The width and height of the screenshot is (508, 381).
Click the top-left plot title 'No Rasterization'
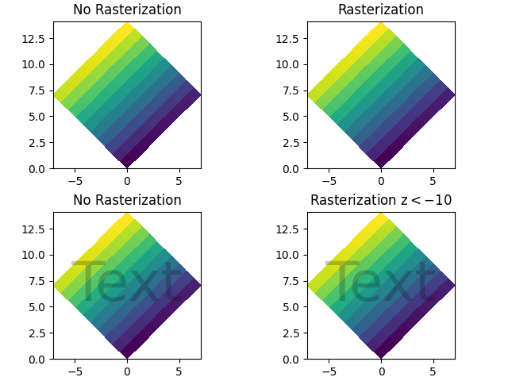pyautogui.click(x=127, y=10)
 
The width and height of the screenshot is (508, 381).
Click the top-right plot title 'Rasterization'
pyautogui.click(x=381, y=10)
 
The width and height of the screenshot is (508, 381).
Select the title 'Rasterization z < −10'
pyautogui.click(x=381, y=200)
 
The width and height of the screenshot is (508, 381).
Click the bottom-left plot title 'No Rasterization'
pyautogui.click(x=127, y=200)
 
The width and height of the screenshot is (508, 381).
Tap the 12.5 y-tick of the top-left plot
pyautogui.click(x=37, y=38)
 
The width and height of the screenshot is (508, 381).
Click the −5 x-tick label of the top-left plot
pyautogui.click(x=75, y=180)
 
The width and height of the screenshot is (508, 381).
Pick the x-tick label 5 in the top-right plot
pyautogui.click(x=433, y=180)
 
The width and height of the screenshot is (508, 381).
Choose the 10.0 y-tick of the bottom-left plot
pyautogui.click(x=37, y=255)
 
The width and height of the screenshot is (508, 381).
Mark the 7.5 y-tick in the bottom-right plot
pyautogui.click(x=294, y=281)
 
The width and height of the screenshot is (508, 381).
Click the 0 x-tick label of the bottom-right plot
pyautogui.click(x=381, y=371)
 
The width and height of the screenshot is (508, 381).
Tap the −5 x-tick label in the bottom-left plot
pyautogui.click(x=75, y=371)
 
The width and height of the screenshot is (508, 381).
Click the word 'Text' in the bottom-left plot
pyautogui.click(x=125, y=283)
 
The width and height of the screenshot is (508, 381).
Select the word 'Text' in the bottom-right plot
pyautogui.click(x=379, y=283)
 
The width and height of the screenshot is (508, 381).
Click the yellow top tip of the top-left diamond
pyautogui.click(x=127, y=25)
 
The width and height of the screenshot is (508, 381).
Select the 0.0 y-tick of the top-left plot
pyautogui.click(x=40, y=169)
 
